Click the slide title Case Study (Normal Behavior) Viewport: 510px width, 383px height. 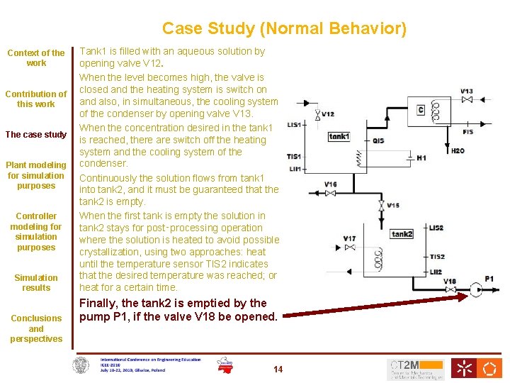[284, 28]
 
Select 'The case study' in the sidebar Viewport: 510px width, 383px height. [36, 135]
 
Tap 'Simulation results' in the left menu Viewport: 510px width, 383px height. [36, 282]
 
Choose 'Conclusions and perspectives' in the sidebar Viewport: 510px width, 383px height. [36, 328]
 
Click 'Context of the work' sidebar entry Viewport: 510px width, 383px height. [36, 57]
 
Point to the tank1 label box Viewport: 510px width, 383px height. [339, 136]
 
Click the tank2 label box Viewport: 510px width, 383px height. [402, 234]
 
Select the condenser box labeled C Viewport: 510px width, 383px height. [421, 110]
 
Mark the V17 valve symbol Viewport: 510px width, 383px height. [349, 248]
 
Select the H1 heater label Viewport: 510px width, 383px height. [421, 157]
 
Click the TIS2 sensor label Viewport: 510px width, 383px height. [436, 257]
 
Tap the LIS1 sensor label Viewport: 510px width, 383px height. [294, 125]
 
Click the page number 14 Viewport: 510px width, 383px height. [278, 369]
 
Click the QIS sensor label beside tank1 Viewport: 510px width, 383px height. [378, 140]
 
